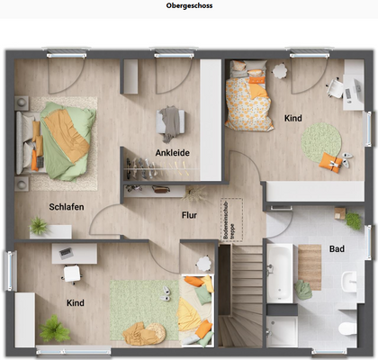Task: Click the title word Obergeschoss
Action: (x=189, y=5)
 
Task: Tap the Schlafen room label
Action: (x=67, y=207)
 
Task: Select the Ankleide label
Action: (x=172, y=153)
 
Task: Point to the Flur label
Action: (x=190, y=215)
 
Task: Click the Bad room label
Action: (x=337, y=247)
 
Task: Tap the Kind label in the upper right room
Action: (x=293, y=118)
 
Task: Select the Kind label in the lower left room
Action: (x=76, y=303)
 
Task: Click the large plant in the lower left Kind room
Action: (x=54, y=329)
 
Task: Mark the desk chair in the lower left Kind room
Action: (x=70, y=275)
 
